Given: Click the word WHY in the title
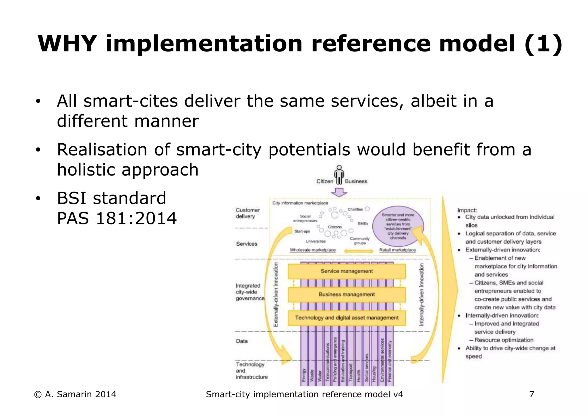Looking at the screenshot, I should coord(67,44).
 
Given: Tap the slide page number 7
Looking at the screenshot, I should coord(531,394).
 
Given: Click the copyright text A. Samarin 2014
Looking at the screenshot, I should coord(75,394).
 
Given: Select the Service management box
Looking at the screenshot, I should coord(347,271).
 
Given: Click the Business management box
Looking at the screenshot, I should coord(347,294).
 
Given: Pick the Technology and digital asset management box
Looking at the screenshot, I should coord(347,318).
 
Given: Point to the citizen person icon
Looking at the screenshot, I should coord(339,174).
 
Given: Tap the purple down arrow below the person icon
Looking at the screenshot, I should coord(339,192).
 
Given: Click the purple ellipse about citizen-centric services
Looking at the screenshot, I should coord(398,226).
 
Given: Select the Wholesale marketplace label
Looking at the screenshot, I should coord(312,250).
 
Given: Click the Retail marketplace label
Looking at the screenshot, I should coord(397,250).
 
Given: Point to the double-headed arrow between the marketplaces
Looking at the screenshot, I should coord(358,251).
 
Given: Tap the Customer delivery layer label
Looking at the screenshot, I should coord(247,213).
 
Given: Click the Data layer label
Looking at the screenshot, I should coord(242,341).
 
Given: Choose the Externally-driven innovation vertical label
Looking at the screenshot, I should coord(276,294).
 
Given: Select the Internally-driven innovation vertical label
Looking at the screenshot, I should coord(421,294).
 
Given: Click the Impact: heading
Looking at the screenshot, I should coord(467,210).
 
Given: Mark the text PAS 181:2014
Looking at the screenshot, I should coord(117,218).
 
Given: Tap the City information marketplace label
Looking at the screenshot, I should coord(300,203).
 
